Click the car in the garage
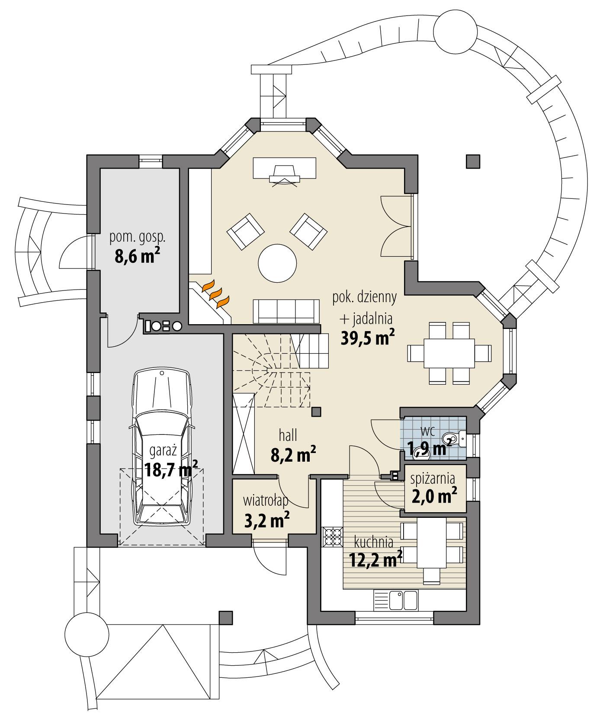click(x=161, y=447)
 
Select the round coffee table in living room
click(x=277, y=262)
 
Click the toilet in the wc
click(x=456, y=438)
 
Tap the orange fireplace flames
click(x=215, y=293)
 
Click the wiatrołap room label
click(x=266, y=501)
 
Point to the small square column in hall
click(x=317, y=412)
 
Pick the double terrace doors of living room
click(x=396, y=227)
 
